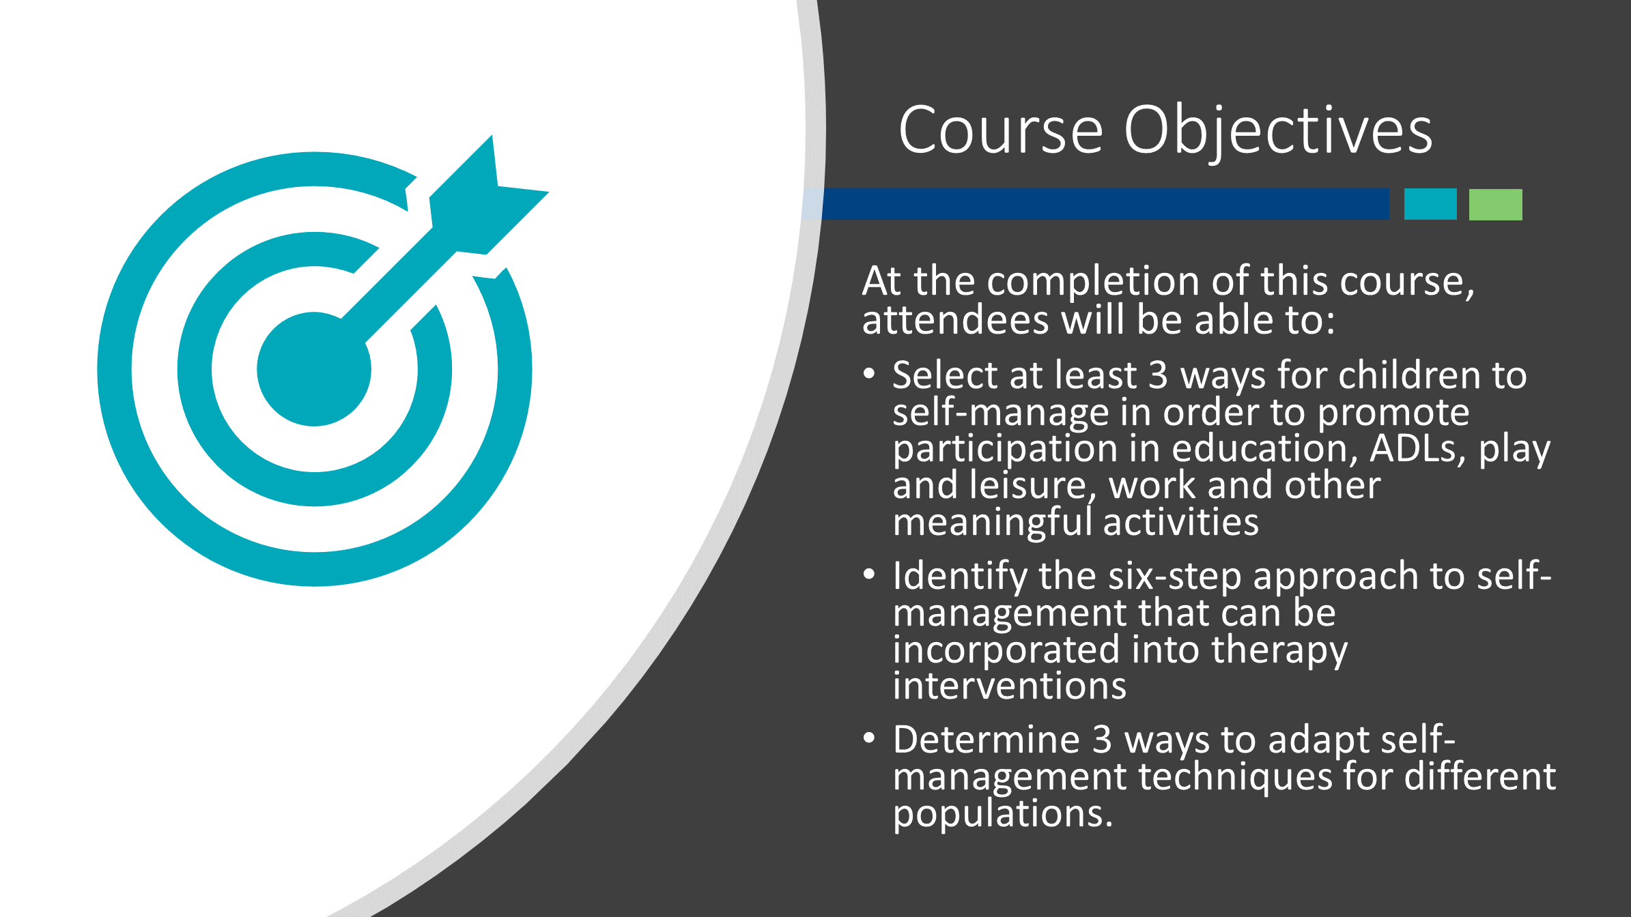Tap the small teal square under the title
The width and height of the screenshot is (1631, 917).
(x=1430, y=204)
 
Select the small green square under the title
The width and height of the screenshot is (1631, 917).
(x=1495, y=204)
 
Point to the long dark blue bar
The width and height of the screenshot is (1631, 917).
(x=1105, y=204)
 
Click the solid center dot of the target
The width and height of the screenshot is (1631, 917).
(x=314, y=369)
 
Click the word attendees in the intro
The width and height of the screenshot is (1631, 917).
(x=955, y=320)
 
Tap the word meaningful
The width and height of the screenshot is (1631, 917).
(x=993, y=523)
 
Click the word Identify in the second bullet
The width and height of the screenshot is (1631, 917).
(x=960, y=577)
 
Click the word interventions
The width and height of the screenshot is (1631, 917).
(x=1009, y=686)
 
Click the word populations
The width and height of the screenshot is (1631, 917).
(x=1002, y=814)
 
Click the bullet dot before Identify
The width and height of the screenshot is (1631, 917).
(x=868, y=574)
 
